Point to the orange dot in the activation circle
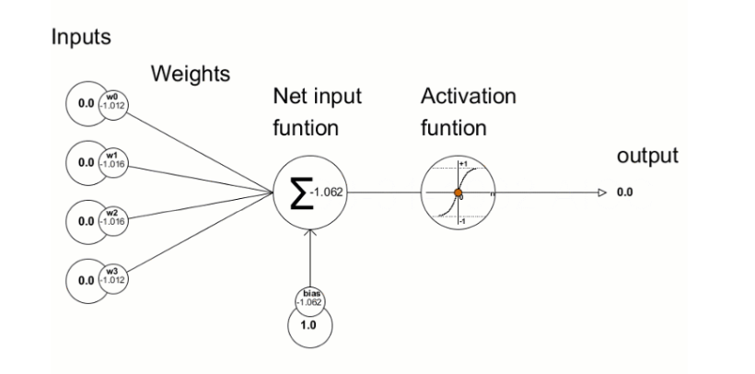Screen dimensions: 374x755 pyautogui.click(x=457, y=193)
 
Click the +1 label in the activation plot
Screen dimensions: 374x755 pyautogui.click(x=463, y=163)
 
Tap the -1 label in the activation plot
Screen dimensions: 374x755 pyautogui.click(x=463, y=221)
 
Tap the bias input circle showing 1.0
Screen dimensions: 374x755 pyautogui.click(x=309, y=325)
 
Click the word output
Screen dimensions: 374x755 pyautogui.click(x=648, y=156)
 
